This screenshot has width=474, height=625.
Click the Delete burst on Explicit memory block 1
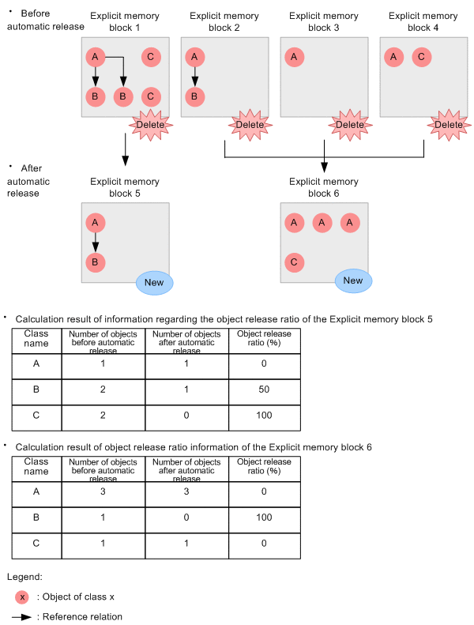(151, 125)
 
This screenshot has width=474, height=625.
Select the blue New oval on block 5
(154, 282)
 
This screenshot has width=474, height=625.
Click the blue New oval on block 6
(353, 280)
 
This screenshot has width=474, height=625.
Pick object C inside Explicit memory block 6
(293, 262)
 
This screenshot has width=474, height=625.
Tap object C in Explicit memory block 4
(421, 57)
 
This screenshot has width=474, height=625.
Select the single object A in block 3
(294, 57)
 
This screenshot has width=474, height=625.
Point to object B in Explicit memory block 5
(95, 262)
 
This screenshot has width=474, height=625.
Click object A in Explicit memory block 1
(95, 57)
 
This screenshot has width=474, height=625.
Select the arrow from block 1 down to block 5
(126, 150)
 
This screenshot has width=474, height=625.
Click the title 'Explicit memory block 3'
(324, 21)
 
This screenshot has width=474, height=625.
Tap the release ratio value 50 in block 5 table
(264, 390)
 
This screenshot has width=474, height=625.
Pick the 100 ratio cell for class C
(264, 416)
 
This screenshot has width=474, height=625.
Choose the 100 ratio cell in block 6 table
(264, 518)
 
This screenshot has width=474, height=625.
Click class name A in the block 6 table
(36, 492)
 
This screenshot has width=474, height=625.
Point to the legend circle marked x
(22, 597)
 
